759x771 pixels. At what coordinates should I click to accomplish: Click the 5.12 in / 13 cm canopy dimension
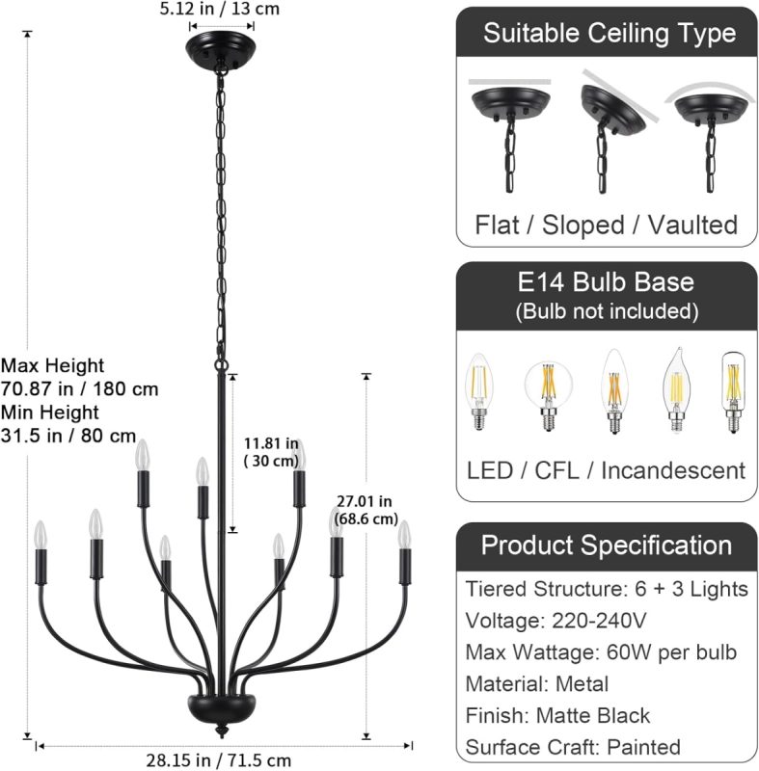click(219, 9)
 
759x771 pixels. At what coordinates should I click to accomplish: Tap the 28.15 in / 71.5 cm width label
click(219, 760)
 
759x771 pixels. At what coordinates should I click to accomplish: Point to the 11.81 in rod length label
click(271, 452)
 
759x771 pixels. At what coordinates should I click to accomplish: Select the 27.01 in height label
click(366, 510)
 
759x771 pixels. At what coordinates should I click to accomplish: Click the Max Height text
click(53, 365)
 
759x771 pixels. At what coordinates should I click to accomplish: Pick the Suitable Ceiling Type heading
click(609, 34)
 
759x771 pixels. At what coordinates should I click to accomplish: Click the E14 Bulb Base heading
click(606, 282)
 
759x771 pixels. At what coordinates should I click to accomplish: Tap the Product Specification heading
click(607, 545)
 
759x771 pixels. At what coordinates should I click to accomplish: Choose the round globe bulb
click(548, 396)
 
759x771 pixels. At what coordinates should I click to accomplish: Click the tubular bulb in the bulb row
click(733, 392)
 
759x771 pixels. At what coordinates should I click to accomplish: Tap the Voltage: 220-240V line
click(556, 621)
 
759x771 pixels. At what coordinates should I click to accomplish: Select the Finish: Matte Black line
click(557, 715)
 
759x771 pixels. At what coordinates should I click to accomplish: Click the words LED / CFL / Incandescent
click(606, 470)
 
